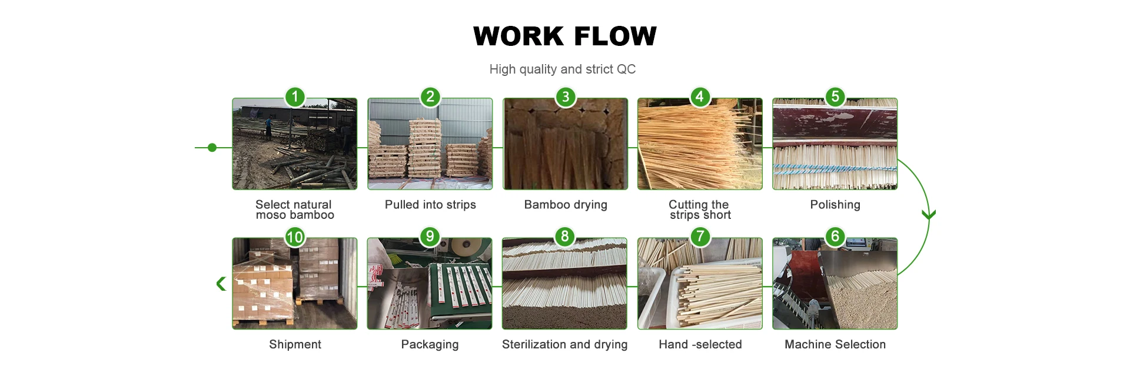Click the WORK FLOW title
click(564, 36)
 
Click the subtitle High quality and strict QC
click(562, 69)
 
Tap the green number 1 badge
click(295, 97)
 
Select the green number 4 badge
click(699, 97)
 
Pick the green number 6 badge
click(835, 237)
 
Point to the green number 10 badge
click(295, 237)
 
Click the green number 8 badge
click(564, 237)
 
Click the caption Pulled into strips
click(430, 205)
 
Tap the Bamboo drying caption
click(566, 205)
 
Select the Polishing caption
click(835, 205)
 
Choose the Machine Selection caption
click(835, 344)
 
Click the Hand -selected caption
click(700, 344)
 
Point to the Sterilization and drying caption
click(564, 344)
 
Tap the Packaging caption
click(430, 344)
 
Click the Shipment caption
click(295, 344)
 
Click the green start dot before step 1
click(212, 148)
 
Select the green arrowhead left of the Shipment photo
click(221, 284)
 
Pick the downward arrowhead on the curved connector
click(929, 215)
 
